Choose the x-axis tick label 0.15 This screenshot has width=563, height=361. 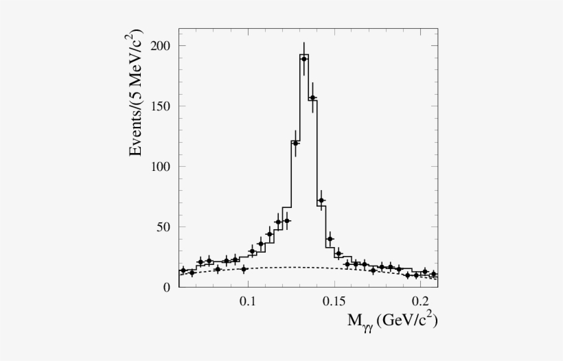334,301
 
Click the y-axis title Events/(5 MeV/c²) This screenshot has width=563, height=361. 138,93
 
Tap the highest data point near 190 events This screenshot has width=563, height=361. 303,59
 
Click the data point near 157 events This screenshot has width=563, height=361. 312,98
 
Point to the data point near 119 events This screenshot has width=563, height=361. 295,143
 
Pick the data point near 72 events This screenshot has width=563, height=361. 321,200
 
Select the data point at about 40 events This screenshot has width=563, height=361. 330,239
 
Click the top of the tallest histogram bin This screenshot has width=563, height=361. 304,54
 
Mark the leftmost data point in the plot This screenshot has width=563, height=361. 183,270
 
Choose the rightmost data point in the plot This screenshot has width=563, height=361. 433,274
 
